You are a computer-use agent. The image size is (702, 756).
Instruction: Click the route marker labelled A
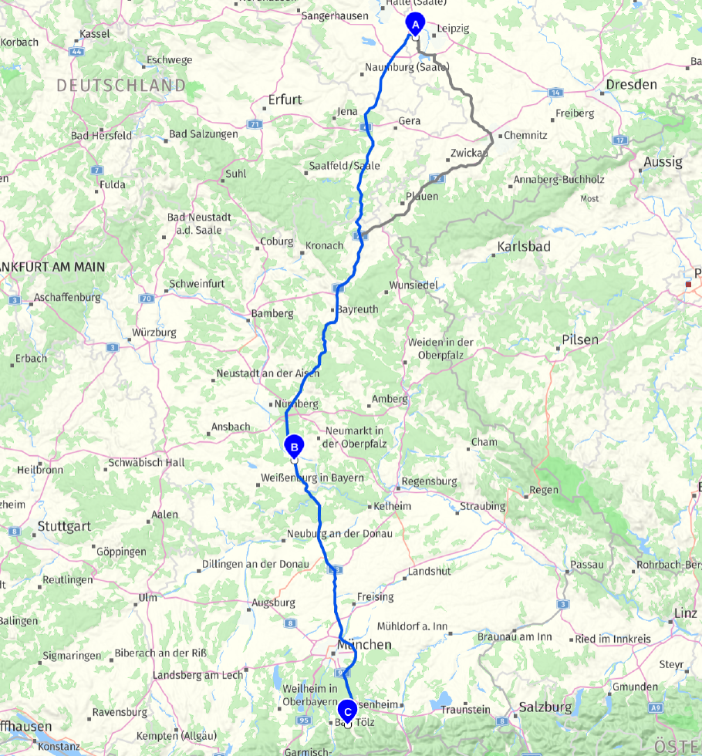pyautogui.click(x=415, y=25)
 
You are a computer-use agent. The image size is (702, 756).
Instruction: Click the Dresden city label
pyautogui.click(x=631, y=84)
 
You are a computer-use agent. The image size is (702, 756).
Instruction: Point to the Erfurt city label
pyautogui.click(x=285, y=100)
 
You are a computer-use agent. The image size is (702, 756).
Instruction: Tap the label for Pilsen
pyautogui.click(x=580, y=339)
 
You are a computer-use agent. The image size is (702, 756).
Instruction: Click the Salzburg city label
pyautogui.click(x=545, y=707)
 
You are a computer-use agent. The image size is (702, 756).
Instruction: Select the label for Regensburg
pyautogui.click(x=428, y=481)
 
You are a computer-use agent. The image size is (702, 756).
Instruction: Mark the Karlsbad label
pyautogui.click(x=524, y=247)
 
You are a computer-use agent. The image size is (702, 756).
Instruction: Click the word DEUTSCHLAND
pyautogui.click(x=121, y=86)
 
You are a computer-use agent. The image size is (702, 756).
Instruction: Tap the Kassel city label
pyautogui.click(x=94, y=34)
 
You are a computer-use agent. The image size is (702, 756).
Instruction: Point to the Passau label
pyautogui.click(x=587, y=564)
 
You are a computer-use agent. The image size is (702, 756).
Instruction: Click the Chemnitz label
pyautogui.click(x=526, y=135)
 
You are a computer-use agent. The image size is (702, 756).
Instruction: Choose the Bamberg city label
pyautogui.click(x=272, y=314)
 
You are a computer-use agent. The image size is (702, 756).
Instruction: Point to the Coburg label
pyautogui.click(x=276, y=241)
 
